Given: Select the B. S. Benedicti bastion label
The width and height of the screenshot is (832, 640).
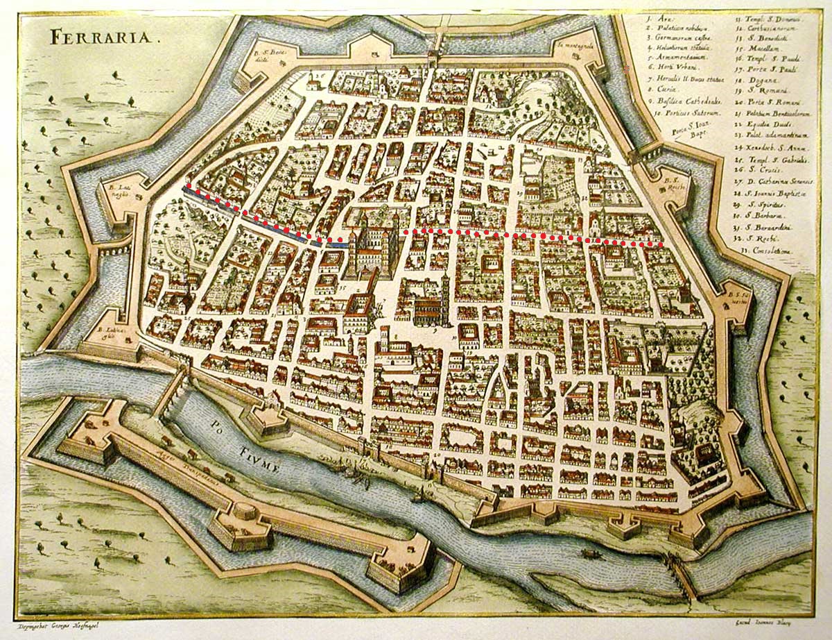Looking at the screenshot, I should click(264, 56).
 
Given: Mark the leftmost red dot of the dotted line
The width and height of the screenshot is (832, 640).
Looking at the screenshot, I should click(187, 187).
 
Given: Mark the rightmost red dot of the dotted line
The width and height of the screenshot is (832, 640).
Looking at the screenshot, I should click(660, 244).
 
